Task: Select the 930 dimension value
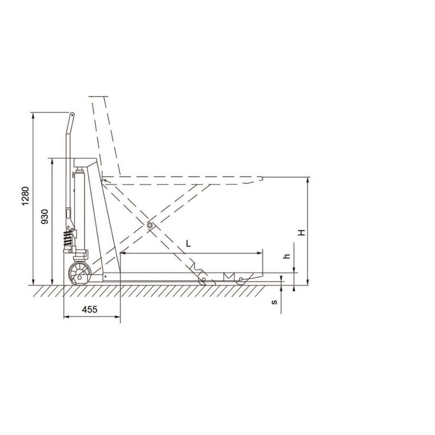click(x=45, y=216)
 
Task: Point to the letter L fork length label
click(x=188, y=244)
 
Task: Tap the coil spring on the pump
click(x=67, y=238)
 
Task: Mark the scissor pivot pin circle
click(x=150, y=225)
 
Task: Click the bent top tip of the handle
click(x=71, y=116)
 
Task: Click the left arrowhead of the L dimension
click(x=121, y=252)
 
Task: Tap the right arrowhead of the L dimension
click(x=261, y=252)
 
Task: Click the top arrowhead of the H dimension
click(x=308, y=179)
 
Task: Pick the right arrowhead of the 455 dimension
click(x=119, y=316)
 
